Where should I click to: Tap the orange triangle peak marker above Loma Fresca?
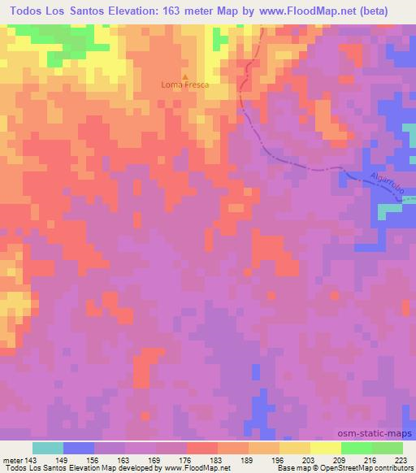pyautogui.click(x=184, y=76)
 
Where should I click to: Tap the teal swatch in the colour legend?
pyautogui.click(x=48, y=448)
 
